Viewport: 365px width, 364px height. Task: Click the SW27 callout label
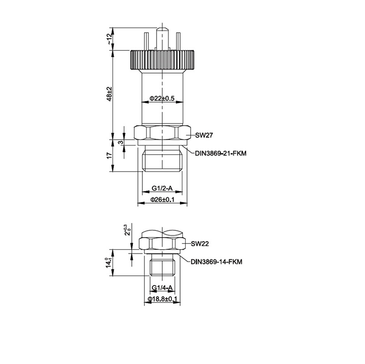(204, 135)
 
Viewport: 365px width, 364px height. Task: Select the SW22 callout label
(200, 244)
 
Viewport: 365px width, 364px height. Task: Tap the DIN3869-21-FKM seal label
(221, 153)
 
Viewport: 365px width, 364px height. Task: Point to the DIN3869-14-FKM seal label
(216, 262)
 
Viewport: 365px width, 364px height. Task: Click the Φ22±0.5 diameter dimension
(162, 98)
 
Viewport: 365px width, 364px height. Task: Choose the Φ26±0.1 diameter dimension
(162, 200)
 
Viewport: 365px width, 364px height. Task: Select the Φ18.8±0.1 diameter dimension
(162, 299)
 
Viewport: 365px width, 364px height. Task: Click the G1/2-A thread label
(162, 188)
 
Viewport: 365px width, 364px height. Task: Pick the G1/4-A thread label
(162, 288)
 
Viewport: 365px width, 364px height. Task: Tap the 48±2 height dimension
(109, 94)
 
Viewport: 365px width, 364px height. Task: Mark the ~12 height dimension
(109, 39)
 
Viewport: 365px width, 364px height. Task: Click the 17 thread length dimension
(109, 156)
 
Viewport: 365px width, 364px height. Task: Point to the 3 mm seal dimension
(121, 142)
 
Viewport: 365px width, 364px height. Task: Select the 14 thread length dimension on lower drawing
(109, 262)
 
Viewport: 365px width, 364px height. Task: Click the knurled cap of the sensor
(162, 60)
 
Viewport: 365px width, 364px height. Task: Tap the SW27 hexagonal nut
(162, 133)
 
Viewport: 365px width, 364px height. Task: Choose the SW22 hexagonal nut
(162, 244)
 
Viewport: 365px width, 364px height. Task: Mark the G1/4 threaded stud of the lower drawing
(162, 267)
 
